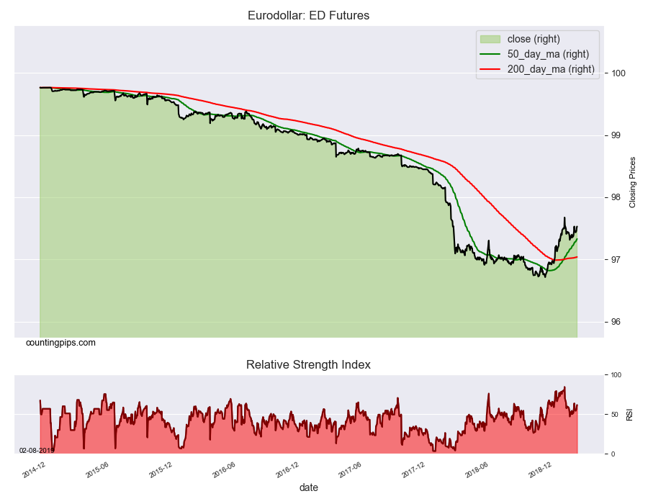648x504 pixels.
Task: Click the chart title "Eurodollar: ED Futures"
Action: [308, 15]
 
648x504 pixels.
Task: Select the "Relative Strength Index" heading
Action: [308, 364]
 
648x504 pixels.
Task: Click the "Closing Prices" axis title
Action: [633, 182]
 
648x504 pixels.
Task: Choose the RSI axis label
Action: [629, 415]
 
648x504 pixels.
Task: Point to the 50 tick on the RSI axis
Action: [616, 415]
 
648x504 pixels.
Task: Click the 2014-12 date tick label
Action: [34, 469]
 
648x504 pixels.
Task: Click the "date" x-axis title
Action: [308, 487]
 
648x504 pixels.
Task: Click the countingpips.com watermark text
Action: [60, 343]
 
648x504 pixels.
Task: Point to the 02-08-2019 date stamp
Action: [36, 450]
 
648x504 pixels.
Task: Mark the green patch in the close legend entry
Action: [490, 39]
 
